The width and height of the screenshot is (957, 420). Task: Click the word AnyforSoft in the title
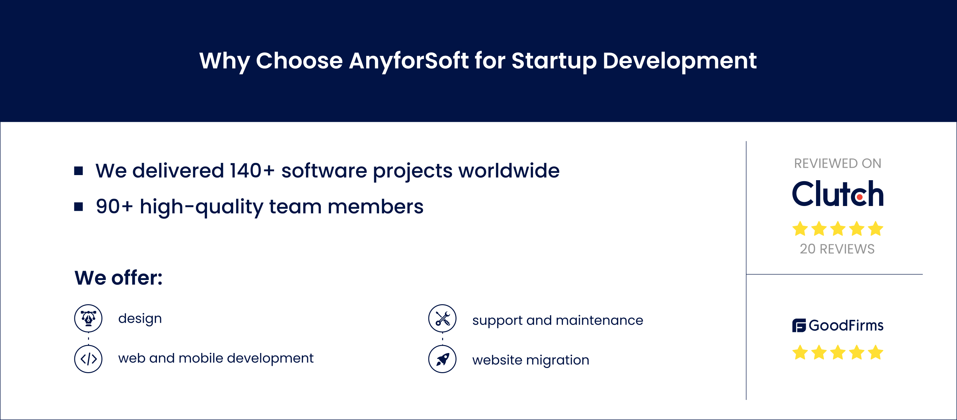point(409,61)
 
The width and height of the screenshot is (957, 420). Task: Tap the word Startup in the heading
point(554,61)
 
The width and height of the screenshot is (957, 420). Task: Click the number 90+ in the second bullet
point(114,206)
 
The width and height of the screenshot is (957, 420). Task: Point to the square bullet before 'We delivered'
point(78,171)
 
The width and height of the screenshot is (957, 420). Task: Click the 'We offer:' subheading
point(119,278)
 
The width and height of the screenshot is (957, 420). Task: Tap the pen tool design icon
point(88,318)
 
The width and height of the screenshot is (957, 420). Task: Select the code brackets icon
point(88,359)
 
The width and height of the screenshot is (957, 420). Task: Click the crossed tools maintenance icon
point(442,318)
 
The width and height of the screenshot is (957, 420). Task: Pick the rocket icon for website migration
point(442,359)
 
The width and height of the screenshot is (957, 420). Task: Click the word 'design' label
point(140,319)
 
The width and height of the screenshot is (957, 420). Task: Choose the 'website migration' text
point(530,360)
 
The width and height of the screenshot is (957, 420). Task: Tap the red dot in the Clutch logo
point(860,197)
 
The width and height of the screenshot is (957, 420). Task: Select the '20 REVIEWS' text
point(837,249)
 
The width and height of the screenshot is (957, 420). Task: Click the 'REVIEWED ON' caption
point(838,163)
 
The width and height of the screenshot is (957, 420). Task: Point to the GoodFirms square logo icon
point(799,325)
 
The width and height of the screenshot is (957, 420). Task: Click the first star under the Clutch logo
point(800,229)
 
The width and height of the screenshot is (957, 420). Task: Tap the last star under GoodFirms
point(876,352)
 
